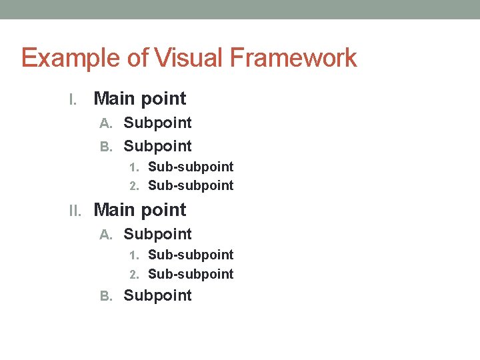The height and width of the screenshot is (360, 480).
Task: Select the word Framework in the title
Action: coord(293,59)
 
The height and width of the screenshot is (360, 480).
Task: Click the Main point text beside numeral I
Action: coord(140,99)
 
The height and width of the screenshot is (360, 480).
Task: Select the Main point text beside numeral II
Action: coord(140,210)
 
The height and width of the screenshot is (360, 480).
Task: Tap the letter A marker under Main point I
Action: coord(105,123)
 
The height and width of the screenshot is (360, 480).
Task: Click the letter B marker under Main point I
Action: coord(105,147)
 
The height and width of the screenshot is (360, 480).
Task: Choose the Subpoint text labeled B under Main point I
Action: coord(158,147)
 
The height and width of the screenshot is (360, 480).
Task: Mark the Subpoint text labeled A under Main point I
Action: coord(158,123)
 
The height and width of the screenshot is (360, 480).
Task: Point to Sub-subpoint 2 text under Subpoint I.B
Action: coord(191,185)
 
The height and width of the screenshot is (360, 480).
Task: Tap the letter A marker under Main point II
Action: coord(105,235)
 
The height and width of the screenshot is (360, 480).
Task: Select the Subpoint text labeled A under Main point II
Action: coord(158,235)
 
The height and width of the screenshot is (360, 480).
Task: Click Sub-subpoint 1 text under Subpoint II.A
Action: coord(191,255)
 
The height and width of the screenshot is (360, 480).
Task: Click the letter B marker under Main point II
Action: coord(105,296)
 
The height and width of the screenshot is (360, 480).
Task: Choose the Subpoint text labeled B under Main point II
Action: coord(158,296)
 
